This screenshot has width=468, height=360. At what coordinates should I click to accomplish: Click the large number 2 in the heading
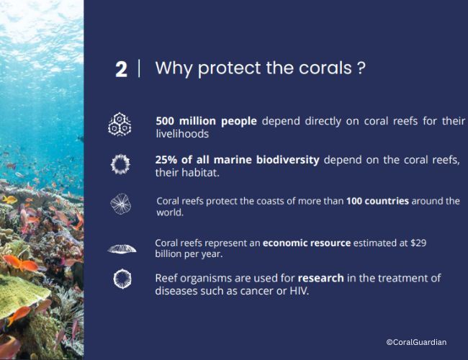[121, 70]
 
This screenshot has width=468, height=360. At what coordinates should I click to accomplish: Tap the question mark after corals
[361, 68]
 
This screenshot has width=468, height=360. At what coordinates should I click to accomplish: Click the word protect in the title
[229, 68]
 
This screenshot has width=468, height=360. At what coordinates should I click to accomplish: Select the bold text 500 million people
[206, 121]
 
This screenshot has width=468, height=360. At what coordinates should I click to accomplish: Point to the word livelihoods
[182, 134]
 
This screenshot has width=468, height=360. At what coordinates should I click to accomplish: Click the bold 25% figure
[166, 160]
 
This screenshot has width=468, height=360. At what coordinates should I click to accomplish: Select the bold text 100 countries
[377, 201]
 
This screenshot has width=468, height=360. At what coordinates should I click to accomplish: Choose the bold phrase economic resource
[307, 243]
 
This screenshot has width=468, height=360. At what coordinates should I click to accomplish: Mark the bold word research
[321, 278]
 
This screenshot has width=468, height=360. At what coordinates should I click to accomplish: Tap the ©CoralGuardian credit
[416, 342]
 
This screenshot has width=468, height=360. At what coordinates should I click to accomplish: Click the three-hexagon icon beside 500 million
[120, 125]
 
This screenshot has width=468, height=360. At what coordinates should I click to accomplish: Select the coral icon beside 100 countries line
[120, 204]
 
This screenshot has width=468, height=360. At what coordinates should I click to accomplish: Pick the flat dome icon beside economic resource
[122, 249]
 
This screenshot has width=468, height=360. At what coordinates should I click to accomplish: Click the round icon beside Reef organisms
[122, 279]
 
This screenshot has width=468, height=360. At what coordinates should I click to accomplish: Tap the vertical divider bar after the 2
[140, 68]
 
